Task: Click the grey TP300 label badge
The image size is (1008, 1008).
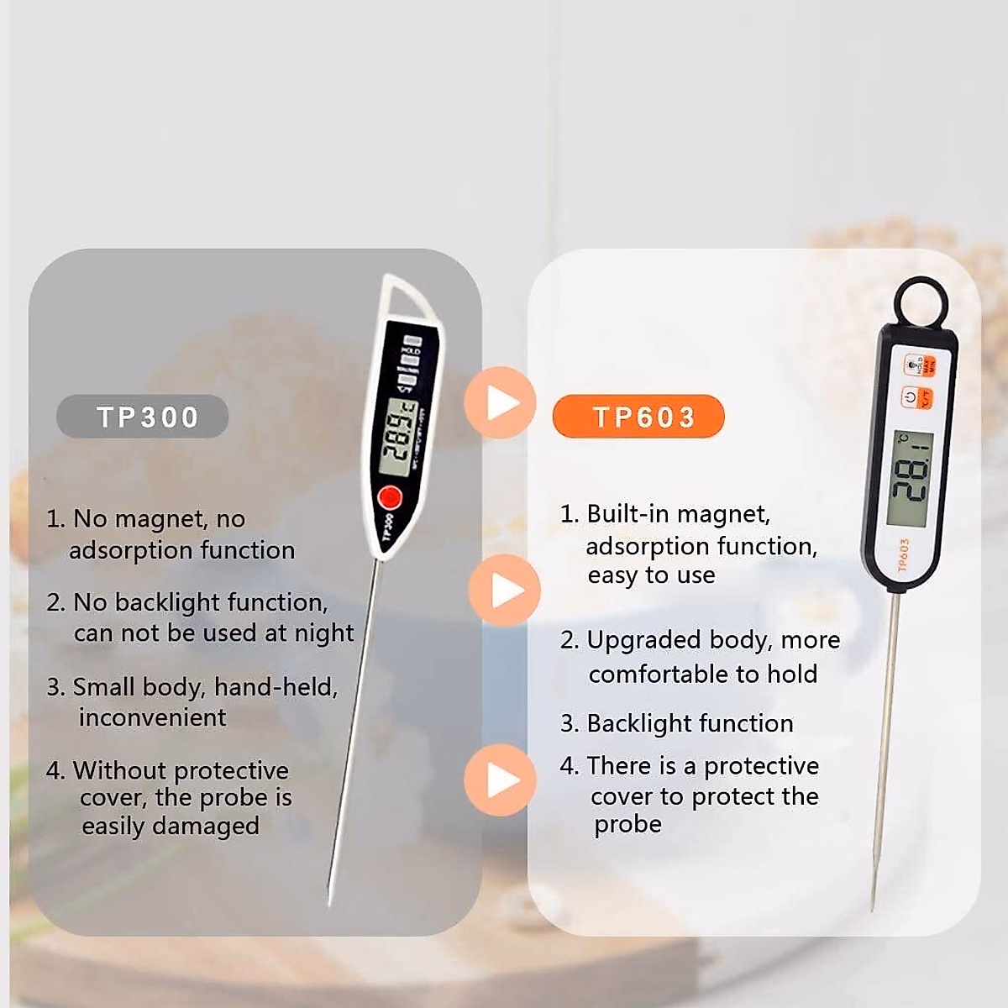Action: coord(143,417)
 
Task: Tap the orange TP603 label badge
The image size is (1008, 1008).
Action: coord(638,417)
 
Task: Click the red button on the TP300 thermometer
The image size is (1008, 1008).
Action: coord(390,497)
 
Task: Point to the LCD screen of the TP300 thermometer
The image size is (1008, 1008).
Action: coord(397,437)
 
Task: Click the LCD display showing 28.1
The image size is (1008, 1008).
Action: coord(910,479)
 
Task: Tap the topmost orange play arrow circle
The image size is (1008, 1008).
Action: coord(500,402)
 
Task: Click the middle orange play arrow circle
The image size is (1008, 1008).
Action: coord(503,590)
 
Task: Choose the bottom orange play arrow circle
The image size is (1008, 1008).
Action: coord(500,780)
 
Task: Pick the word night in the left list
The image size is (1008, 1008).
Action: coord(322,633)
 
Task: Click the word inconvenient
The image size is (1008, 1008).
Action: coord(152,717)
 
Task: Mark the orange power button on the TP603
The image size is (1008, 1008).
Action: coord(910,396)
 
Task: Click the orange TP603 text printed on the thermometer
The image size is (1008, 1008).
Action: coord(904,554)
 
